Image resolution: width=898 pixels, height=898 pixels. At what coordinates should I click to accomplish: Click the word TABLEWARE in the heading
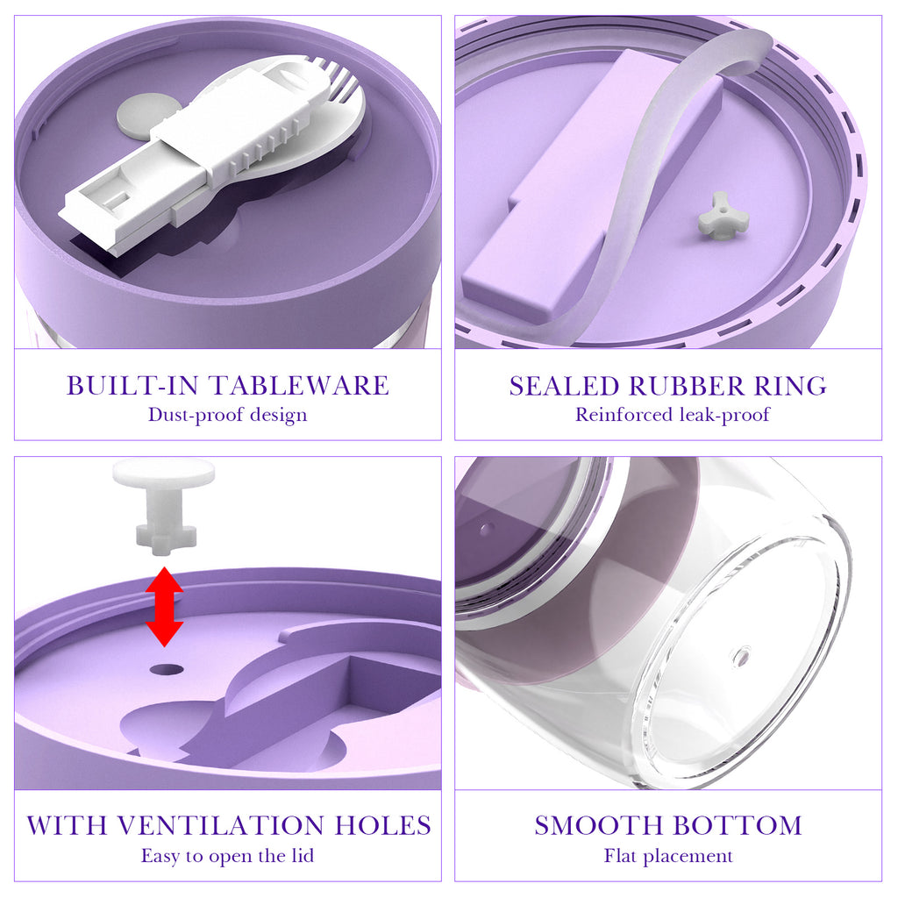[x=298, y=386]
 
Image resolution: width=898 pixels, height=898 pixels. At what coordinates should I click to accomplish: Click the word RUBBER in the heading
[x=686, y=386]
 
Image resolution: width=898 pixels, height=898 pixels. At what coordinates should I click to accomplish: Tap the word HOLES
[x=382, y=825]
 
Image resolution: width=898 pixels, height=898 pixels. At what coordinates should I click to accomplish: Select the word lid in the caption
[x=303, y=855]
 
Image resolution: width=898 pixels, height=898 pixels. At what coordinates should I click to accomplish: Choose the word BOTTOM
[x=737, y=825]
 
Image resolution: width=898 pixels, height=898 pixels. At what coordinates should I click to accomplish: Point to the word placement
[x=688, y=856]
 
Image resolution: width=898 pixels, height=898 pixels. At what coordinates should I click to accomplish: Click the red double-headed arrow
[x=164, y=607]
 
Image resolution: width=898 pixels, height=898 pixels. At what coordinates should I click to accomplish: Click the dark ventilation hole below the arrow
[x=167, y=669]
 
